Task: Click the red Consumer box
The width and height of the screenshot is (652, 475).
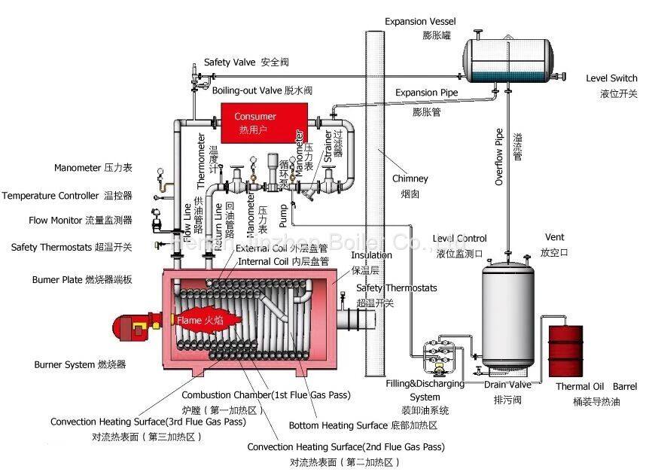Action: (256, 122)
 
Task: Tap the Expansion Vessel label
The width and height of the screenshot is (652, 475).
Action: (420, 22)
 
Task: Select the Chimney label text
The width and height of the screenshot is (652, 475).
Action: (410, 179)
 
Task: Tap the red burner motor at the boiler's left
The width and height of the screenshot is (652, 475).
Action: (134, 326)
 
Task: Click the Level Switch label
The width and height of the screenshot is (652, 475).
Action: (611, 78)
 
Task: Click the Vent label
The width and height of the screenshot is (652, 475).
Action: (554, 237)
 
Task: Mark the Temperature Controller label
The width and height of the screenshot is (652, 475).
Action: (66, 196)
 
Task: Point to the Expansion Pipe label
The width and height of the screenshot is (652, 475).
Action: (427, 93)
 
